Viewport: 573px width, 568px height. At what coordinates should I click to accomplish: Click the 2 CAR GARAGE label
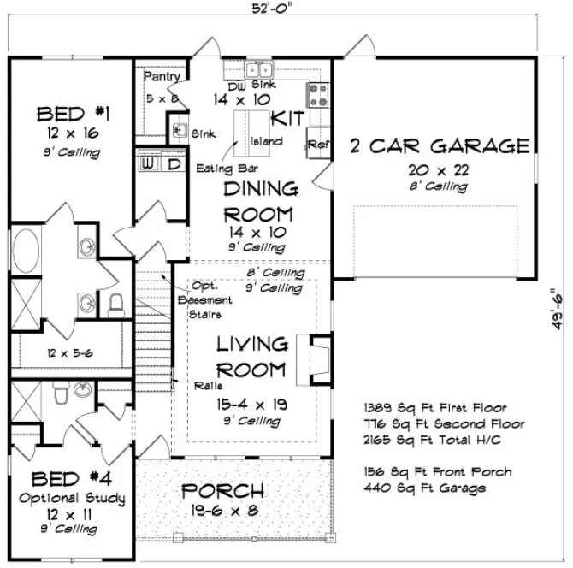click(439, 146)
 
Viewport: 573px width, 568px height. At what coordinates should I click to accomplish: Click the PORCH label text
click(222, 491)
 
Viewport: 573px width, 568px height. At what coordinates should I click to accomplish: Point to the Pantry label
click(162, 77)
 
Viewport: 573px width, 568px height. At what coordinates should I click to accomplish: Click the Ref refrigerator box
click(318, 144)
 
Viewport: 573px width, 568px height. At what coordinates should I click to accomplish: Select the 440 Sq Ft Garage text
click(424, 488)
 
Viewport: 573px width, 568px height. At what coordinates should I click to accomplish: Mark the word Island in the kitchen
click(261, 141)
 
